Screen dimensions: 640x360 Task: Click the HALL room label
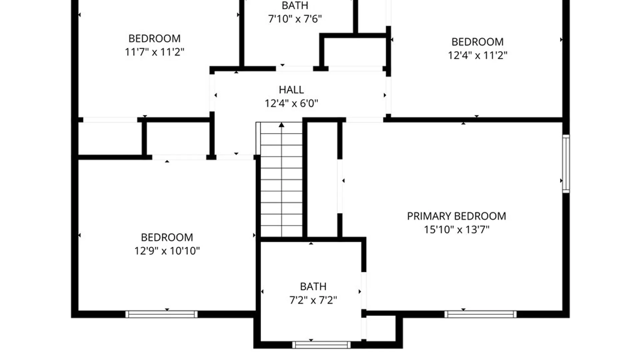(291, 90)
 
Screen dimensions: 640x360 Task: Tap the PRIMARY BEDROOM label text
(457, 216)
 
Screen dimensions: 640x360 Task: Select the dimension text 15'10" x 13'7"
(457, 230)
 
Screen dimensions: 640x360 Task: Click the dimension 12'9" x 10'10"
(167, 251)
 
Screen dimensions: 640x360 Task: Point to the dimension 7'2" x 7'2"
(313, 300)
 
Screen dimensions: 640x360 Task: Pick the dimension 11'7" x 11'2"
(155, 52)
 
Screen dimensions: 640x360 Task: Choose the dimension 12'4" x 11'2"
(478, 55)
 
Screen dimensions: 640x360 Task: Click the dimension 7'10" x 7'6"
(295, 19)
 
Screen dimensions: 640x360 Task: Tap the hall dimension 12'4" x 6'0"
(291, 103)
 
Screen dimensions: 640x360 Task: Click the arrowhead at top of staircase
(282, 125)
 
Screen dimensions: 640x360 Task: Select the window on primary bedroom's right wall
(566, 164)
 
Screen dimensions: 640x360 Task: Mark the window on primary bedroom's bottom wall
(480, 314)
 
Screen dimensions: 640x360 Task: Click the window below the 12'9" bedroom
(161, 314)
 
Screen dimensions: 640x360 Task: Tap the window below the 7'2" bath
(321, 345)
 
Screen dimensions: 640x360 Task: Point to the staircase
(281, 179)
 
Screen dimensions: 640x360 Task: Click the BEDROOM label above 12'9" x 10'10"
(167, 237)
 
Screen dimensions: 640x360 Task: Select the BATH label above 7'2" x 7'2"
(313, 287)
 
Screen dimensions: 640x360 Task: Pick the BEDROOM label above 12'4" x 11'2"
(478, 42)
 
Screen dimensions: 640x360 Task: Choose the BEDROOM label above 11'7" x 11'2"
(155, 39)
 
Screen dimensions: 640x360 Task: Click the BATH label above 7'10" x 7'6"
(295, 6)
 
